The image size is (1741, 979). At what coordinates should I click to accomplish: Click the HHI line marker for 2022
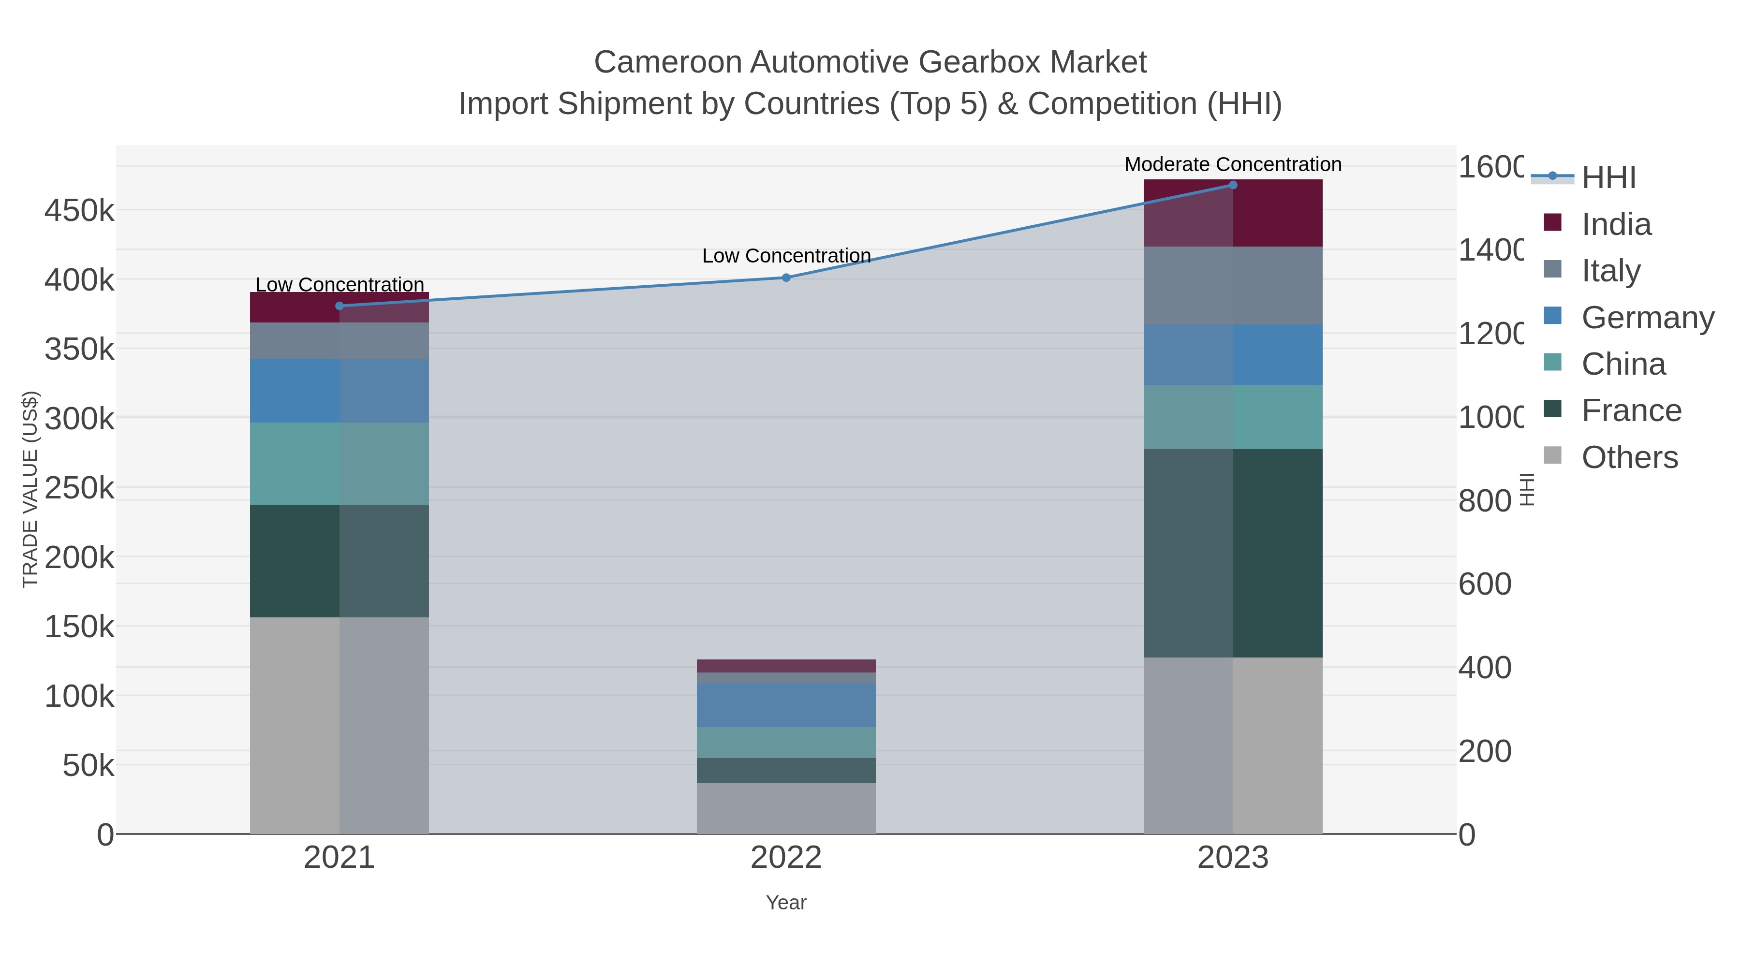pyautogui.click(x=786, y=278)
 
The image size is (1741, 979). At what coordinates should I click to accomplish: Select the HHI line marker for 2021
pyautogui.click(x=339, y=306)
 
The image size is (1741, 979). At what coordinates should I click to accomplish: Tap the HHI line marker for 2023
pyautogui.click(x=1233, y=185)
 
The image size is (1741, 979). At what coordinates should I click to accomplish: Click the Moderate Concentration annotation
pyautogui.click(x=1233, y=164)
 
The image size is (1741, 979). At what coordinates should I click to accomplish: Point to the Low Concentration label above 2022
pyautogui.click(x=786, y=256)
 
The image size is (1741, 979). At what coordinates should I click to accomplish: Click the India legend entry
pyautogui.click(x=1615, y=224)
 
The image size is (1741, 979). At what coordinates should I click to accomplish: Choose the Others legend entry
pyautogui.click(x=1629, y=457)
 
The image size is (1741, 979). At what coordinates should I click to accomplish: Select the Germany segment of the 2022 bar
pyautogui.click(x=786, y=705)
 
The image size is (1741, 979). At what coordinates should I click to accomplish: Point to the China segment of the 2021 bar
pyautogui.click(x=339, y=464)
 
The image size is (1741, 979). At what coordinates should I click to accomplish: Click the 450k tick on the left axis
pyautogui.click(x=79, y=211)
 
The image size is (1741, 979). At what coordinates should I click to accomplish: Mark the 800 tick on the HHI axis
pyautogui.click(x=1484, y=501)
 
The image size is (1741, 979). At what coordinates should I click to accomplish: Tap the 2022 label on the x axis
pyautogui.click(x=786, y=857)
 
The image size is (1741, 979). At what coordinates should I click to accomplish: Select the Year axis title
pyautogui.click(x=786, y=903)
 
